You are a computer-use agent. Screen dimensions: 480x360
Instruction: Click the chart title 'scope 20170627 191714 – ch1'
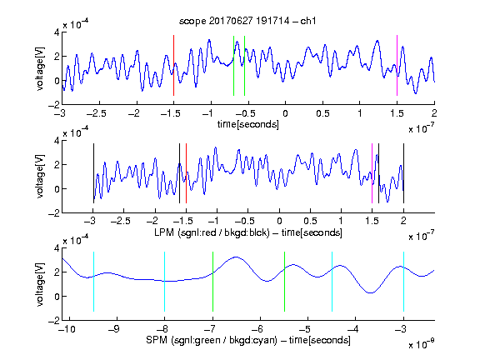tap(247, 21)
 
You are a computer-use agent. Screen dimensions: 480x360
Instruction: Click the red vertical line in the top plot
tap(173, 66)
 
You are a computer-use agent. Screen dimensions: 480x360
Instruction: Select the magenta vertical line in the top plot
tap(397, 66)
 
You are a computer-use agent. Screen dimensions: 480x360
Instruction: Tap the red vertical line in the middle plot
tap(186, 173)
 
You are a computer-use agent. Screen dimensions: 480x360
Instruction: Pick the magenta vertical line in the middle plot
tap(372, 173)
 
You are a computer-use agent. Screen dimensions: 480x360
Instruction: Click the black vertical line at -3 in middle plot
tap(93, 173)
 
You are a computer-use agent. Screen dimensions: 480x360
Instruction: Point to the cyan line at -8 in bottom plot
tap(164, 282)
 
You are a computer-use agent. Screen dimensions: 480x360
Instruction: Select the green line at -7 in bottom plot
tap(212, 282)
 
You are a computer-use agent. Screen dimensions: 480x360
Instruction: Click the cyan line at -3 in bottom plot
tap(403, 282)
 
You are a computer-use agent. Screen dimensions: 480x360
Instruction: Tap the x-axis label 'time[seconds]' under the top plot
tap(248, 124)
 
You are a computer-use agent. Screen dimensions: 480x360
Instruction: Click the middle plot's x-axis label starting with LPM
tap(248, 232)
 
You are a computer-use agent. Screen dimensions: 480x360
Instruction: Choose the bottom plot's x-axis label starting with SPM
tap(248, 340)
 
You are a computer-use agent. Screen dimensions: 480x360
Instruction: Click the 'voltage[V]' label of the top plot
tap(40, 68)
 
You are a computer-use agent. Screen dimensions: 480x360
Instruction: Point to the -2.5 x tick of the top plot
tap(97, 113)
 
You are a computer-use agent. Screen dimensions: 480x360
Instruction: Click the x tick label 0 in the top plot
tap(285, 113)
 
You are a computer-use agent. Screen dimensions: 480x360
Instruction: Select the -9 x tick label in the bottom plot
tap(114, 329)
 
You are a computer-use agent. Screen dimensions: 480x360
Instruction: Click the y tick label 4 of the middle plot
tap(57, 141)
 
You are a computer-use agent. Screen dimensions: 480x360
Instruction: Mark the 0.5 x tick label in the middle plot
tap(310, 221)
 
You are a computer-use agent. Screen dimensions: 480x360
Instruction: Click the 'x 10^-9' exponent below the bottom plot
tap(422, 344)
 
